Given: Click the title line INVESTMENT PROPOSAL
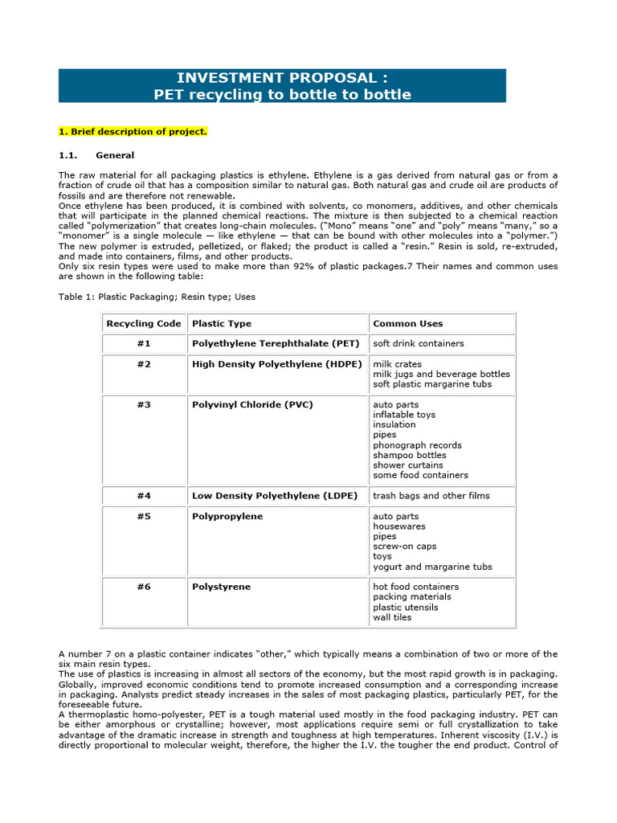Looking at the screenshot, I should click(282, 78).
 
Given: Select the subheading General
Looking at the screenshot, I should click(115, 155).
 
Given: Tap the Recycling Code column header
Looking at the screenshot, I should click(143, 323).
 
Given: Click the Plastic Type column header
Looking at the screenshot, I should click(222, 323).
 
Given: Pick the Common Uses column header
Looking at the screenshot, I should click(407, 323).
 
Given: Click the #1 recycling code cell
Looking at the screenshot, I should click(143, 343).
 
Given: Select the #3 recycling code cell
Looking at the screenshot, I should click(143, 404).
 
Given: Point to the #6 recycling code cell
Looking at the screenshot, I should click(143, 587).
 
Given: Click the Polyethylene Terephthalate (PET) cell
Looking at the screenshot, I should click(276, 343).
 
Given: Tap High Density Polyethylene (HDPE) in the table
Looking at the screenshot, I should click(276, 363).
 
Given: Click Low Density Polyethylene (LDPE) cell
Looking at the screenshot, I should click(274, 495).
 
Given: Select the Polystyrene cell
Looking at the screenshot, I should click(221, 587).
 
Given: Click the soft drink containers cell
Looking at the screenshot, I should click(418, 343).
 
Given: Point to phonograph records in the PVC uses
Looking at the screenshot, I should click(417, 444).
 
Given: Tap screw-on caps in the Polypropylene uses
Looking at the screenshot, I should click(404, 546).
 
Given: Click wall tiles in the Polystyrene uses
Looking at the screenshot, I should click(391, 617).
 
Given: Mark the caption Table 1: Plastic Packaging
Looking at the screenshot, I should click(157, 297).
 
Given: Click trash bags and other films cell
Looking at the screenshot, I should click(431, 495).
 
